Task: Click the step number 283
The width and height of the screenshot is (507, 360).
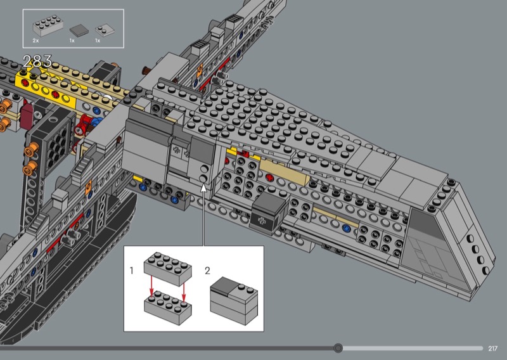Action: (x=37, y=61)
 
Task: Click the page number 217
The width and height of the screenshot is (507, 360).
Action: (x=492, y=349)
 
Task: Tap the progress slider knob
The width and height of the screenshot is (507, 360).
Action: (x=338, y=348)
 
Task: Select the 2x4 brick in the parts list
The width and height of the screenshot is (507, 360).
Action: (x=48, y=25)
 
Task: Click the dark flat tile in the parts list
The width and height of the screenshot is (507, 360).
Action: (x=79, y=30)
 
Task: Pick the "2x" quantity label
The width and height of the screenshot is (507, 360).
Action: (x=35, y=41)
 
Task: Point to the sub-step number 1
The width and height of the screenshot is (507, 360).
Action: (x=131, y=271)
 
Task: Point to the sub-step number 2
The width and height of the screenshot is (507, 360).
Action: (x=208, y=271)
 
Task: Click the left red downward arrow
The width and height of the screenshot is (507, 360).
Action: (x=151, y=285)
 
